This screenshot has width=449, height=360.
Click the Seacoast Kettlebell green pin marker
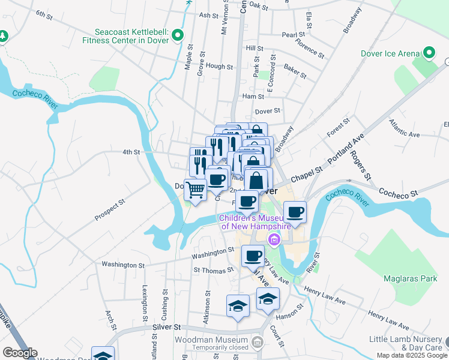pos(177,37)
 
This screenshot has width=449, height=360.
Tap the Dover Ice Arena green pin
pos(429,53)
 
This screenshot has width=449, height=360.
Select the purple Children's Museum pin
pos(274,240)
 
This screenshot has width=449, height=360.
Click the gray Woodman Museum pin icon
pos(258,343)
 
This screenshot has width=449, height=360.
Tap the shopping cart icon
pos(196,190)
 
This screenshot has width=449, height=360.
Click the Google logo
pos(19,353)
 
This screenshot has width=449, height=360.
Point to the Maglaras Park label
pos(409,278)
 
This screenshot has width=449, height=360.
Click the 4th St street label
pos(131,152)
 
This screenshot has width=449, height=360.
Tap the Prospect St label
pos(109,209)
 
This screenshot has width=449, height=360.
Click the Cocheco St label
pos(397,193)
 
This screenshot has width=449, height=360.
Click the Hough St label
pos(219,67)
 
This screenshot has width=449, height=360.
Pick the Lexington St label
pos(145,305)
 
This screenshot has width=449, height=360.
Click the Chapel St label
pos(307,175)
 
